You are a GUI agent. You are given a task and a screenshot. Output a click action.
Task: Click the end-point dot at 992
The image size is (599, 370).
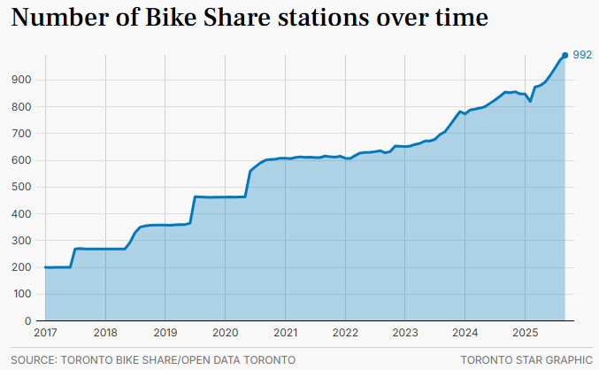[564, 56]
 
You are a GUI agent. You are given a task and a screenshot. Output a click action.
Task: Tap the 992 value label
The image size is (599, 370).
[582, 56]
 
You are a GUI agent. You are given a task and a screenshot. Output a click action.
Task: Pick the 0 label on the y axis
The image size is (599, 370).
[29, 321]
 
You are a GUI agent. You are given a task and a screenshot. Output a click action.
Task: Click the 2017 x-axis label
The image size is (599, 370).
[44, 333]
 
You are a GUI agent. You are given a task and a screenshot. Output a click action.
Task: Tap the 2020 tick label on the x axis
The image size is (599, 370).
[225, 333]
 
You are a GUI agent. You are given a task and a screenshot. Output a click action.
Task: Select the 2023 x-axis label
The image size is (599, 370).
[405, 333]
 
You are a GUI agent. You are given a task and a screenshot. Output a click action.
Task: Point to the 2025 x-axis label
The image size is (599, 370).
[525, 333]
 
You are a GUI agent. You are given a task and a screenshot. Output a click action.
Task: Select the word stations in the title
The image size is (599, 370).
[326, 18]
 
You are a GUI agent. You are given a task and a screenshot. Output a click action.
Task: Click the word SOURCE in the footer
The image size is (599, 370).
[33, 359]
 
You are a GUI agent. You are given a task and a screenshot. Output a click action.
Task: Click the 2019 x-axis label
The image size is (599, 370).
[165, 333]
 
